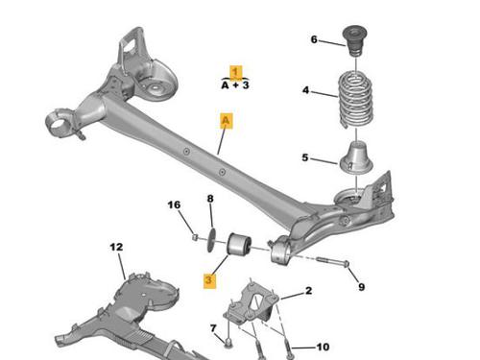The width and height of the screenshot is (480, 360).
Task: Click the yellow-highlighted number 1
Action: (x=236, y=72)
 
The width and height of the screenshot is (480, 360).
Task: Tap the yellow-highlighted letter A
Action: (x=227, y=121)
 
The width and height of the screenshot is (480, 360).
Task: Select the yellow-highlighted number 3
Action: (x=209, y=280)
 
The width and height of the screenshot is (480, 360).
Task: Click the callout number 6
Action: (x=314, y=39)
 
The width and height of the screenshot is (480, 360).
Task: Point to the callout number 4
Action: (x=306, y=90)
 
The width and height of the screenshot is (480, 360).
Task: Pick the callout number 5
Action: (x=305, y=157)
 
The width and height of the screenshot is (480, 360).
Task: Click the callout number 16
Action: (x=174, y=204)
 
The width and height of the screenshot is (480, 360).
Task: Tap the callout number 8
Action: (x=210, y=199)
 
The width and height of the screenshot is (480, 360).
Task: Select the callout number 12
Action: (x=116, y=247)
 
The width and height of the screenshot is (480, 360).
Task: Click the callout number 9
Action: (x=361, y=287)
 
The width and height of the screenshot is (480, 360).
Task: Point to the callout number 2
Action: (x=308, y=291)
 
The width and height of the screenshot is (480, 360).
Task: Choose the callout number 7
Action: (x=213, y=328)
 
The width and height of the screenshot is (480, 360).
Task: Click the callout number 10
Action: (x=323, y=347)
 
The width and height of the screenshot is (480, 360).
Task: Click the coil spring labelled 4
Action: (x=355, y=99)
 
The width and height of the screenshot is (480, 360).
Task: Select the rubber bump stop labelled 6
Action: (x=355, y=41)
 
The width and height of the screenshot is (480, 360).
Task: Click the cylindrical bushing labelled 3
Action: (x=239, y=246)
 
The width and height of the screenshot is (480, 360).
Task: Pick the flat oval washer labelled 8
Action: (x=211, y=240)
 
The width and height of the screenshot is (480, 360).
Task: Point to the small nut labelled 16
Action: (x=195, y=237)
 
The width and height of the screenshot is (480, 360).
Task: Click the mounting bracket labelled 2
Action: (x=252, y=305)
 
